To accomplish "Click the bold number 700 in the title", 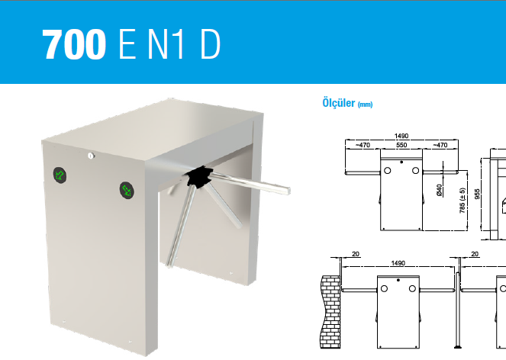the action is tap(74, 44).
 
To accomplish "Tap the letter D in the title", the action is tap(211, 44).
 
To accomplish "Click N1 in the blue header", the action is tap(166, 44).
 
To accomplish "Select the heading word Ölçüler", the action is tap(339, 103).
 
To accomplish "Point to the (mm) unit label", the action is tap(365, 104).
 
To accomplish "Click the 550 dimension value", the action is tap(401, 145).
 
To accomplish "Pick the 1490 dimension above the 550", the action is tap(401, 136).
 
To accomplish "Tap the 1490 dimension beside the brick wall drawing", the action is tap(398, 263).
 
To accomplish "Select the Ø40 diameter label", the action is tap(439, 191).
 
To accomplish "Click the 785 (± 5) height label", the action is tap(462, 201).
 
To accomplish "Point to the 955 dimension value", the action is tap(478, 194).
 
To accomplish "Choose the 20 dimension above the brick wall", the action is tap(356, 254).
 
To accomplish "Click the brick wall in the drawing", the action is tap(330, 312).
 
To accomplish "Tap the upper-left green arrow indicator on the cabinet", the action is tap(60, 175).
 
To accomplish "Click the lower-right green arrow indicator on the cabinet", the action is tap(127, 190).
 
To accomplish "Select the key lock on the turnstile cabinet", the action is tap(91, 156).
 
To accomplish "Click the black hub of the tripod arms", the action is tap(198, 177).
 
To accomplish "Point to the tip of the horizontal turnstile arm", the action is tap(288, 191).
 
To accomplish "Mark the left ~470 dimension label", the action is tap(363, 145).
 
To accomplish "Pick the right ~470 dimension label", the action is tap(440, 145).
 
